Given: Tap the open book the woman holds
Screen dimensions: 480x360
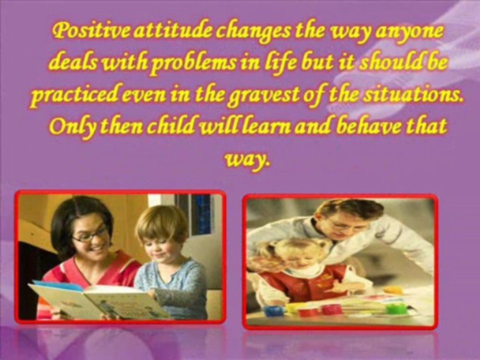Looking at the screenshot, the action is click(97, 300).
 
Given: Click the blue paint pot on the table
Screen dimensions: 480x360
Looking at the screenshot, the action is click(274, 310).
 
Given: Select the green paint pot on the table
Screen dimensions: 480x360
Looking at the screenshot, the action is click(396, 308).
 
